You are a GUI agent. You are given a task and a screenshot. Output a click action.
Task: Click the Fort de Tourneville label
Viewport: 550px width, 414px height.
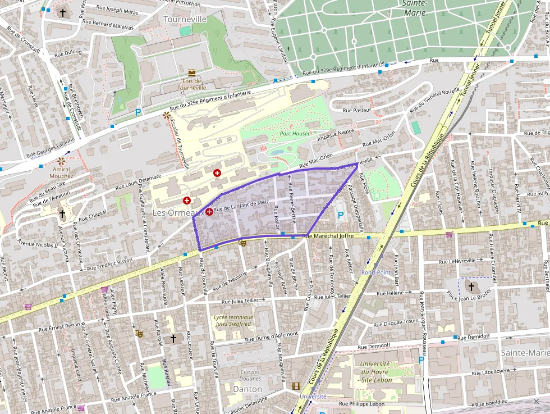pos(192,84)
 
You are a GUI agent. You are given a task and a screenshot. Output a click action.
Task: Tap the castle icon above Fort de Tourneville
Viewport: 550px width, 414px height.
pos(192,73)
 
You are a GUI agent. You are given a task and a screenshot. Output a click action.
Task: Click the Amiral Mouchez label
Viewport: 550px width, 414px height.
pos(61,172)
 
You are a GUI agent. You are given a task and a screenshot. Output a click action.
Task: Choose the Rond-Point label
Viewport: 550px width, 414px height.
pos(375,272)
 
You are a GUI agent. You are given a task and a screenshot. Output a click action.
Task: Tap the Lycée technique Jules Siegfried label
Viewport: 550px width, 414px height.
pos(233,321)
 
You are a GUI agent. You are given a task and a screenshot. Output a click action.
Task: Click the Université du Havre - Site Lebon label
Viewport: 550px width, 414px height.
pos(376,372)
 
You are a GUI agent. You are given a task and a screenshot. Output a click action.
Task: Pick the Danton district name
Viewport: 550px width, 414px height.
pos(247,389)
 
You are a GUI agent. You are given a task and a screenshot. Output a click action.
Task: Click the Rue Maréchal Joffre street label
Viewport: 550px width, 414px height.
pos(328,236)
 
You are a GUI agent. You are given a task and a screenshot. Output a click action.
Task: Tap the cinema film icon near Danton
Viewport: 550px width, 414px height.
pos(296,386)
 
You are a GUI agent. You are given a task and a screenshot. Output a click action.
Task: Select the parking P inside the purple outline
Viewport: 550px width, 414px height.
pos(340,215)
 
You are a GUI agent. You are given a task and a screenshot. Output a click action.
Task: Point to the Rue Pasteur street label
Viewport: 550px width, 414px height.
pos(357,111)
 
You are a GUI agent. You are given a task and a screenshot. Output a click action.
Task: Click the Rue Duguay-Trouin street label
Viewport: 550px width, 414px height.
pos(396,323)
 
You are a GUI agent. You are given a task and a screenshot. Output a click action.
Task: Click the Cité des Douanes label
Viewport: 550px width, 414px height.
pos(250,375)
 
